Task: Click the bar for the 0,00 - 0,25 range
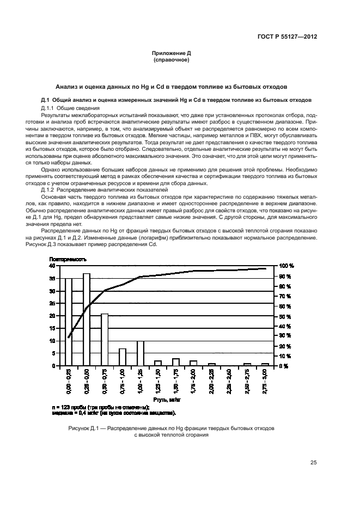[69, 322]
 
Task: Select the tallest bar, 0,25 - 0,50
[87, 320]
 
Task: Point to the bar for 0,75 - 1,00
[123, 357]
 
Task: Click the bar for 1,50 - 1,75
[176, 362]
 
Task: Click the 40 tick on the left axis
[52, 266]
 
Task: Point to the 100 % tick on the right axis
[287, 266]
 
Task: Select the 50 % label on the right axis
[286, 316]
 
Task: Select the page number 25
[313, 463]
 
